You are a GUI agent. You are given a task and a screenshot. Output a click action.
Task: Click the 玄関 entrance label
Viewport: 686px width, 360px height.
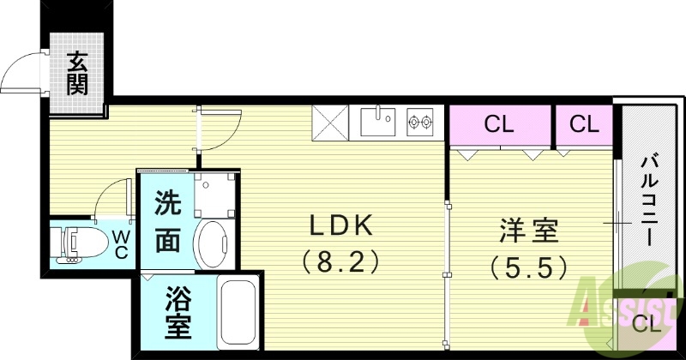point(77,74)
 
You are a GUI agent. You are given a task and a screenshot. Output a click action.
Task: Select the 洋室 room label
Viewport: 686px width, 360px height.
point(529,231)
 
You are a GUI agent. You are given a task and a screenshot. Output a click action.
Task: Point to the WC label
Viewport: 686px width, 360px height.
point(120,243)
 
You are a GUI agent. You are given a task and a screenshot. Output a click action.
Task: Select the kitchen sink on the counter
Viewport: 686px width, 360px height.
point(377,122)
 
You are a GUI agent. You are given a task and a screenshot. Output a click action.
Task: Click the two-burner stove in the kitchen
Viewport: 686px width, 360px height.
point(419,122)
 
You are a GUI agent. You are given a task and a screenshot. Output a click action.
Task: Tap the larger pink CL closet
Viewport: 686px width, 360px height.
point(498,125)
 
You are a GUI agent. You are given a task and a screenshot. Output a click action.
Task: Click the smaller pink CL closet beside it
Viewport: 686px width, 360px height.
point(584,125)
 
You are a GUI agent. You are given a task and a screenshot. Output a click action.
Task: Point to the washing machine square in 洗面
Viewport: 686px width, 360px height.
point(214,195)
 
